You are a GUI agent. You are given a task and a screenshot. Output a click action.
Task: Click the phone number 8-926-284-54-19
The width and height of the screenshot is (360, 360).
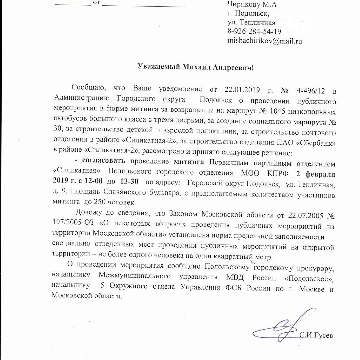click(x=254, y=32)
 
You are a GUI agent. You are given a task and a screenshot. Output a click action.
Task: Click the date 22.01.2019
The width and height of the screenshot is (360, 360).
click(x=238, y=89)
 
